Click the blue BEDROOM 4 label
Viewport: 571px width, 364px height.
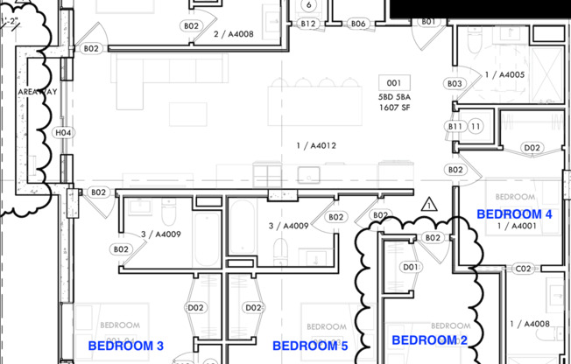[x=513, y=213]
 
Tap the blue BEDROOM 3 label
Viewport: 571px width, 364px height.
[x=126, y=346]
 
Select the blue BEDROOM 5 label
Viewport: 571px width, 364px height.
[x=310, y=346]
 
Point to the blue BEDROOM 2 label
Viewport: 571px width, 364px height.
[x=429, y=339]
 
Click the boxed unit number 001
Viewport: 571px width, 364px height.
[x=393, y=82]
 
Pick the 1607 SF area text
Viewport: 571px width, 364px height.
[x=393, y=107]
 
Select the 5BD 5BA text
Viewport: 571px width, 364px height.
[x=393, y=96]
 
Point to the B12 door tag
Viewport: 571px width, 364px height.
[x=307, y=24]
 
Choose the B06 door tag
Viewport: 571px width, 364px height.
[x=358, y=24]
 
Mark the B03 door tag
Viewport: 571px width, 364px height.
[x=454, y=84]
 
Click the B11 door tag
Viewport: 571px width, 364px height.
[x=455, y=127]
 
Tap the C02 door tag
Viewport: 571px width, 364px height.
[x=524, y=269]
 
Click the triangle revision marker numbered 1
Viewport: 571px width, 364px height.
[x=428, y=205]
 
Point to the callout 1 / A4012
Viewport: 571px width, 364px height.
[x=316, y=145]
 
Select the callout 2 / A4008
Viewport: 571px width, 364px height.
[x=233, y=34]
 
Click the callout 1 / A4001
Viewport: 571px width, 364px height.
[x=517, y=227]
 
